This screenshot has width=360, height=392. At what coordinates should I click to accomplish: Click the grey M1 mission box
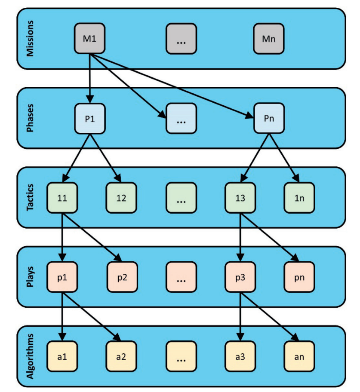[x=89, y=39]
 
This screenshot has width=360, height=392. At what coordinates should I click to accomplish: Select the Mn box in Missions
[x=269, y=39]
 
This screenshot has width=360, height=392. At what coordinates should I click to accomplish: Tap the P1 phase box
[x=90, y=118]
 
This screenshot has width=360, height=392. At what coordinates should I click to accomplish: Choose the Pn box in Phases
[x=269, y=118]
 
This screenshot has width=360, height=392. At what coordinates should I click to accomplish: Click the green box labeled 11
[x=62, y=198]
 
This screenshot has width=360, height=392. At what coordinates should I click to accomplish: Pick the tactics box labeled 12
[x=121, y=198]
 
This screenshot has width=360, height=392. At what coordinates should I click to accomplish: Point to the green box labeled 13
[x=240, y=198]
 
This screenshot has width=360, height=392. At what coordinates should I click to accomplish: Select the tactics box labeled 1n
[x=299, y=198]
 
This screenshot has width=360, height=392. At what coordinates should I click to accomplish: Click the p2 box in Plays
[x=122, y=277]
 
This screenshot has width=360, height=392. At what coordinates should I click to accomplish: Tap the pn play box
[x=299, y=277]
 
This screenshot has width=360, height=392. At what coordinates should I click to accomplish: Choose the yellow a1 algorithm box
[x=62, y=356]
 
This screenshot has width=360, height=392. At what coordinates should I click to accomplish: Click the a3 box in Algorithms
[x=240, y=356]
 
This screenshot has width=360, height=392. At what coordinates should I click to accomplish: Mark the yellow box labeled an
[x=299, y=356]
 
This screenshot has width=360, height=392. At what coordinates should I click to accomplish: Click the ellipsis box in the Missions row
[x=182, y=39]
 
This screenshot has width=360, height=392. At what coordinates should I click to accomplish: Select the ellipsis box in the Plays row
[x=182, y=277]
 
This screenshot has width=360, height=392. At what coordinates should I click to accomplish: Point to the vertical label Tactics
[x=30, y=197]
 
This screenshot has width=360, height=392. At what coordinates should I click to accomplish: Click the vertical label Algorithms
[x=30, y=356]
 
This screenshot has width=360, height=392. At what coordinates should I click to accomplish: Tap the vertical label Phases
[x=30, y=118]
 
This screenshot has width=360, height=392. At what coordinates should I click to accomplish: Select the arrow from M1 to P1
[x=90, y=79]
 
